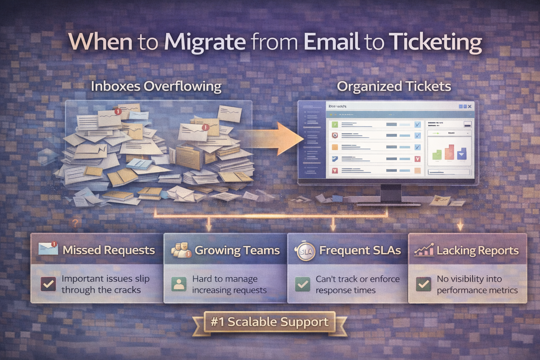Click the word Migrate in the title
click(x=205, y=42)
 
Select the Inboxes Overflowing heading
click(x=156, y=86)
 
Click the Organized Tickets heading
click(x=394, y=86)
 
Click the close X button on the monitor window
click(x=470, y=106)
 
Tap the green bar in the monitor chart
click(x=437, y=155)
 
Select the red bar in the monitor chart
click(x=449, y=152)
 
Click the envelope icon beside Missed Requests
click(x=48, y=249)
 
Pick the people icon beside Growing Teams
click(x=181, y=250)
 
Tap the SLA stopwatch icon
click(x=305, y=251)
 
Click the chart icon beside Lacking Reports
click(x=424, y=250)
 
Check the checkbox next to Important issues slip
click(x=48, y=284)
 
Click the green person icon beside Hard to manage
click(x=179, y=284)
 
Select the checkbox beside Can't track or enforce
click(x=302, y=284)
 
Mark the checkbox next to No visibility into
click(x=423, y=284)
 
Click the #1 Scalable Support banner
click(x=270, y=322)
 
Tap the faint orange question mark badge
click(x=75, y=223)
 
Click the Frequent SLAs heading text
click(x=360, y=250)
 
